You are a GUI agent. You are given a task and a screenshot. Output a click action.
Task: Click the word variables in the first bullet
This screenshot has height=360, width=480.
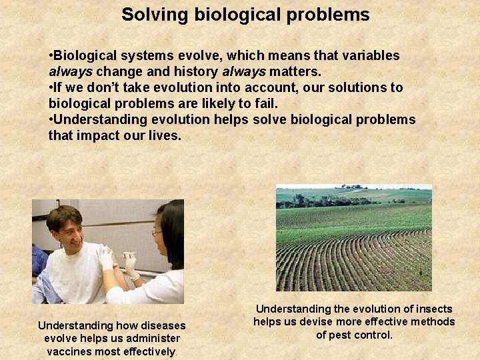point(369,56)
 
